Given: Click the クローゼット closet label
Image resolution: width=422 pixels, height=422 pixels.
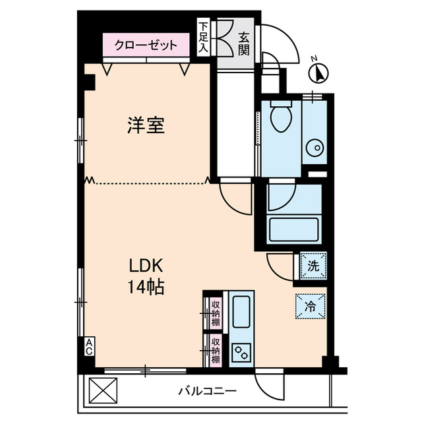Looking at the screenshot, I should click(x=146, y=45).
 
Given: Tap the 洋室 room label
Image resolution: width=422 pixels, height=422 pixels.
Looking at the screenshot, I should click(x=145, y=125).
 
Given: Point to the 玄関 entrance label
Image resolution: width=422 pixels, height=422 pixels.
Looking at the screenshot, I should click(x=244, y=44).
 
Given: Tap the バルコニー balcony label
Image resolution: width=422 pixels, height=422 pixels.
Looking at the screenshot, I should click(x=207, y=390).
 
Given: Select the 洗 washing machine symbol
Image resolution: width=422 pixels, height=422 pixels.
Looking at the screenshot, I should click(x=313, y=266).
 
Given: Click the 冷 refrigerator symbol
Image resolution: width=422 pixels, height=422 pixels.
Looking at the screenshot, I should click(x=310, y=307).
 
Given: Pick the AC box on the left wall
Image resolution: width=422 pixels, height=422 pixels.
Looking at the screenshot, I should click(x=88, y=347).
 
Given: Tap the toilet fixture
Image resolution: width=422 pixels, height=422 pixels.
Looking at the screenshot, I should click(x=281, y=119).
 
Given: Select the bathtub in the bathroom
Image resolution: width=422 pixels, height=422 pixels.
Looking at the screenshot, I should click(x=293, y=230).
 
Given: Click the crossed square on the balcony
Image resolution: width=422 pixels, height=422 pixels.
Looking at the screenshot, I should click(x=102, y=390).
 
